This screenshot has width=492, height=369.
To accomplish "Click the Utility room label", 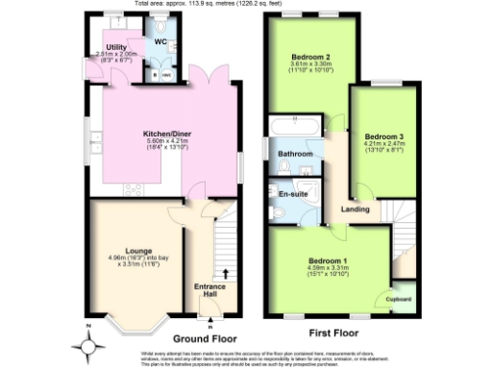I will (117, 46).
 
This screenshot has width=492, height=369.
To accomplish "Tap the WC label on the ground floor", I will (160, 41).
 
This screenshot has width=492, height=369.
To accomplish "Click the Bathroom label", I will (295, 154).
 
